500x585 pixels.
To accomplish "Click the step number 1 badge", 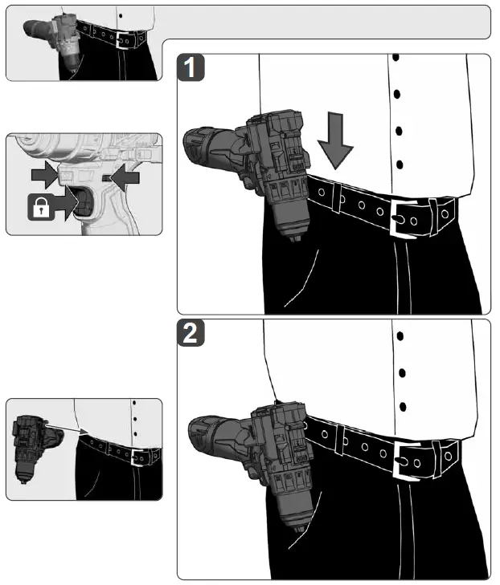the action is click(191, 67).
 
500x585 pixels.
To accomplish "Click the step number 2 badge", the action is click(191, 333).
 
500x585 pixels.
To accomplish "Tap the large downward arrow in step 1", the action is click(335, 140).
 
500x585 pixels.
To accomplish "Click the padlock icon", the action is click(41, 207).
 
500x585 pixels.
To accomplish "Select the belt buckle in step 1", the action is click(403, 218).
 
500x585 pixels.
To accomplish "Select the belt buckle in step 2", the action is click(407, 461).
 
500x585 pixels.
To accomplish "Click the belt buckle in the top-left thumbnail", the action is click(122, 40).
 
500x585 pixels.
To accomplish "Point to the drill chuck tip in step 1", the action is click(295, 238).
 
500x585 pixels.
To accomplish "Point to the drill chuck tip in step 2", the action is click(300, 528).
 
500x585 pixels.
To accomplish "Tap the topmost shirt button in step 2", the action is click(400, 336).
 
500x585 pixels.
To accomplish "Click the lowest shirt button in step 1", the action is click(400, 165).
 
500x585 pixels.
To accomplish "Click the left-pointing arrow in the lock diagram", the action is click(125, 178).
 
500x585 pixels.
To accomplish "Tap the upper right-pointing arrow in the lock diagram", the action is click(45, 174).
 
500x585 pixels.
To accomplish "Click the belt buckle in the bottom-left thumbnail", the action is click(138, 457).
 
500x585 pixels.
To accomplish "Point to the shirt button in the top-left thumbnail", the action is click(121, 16).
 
